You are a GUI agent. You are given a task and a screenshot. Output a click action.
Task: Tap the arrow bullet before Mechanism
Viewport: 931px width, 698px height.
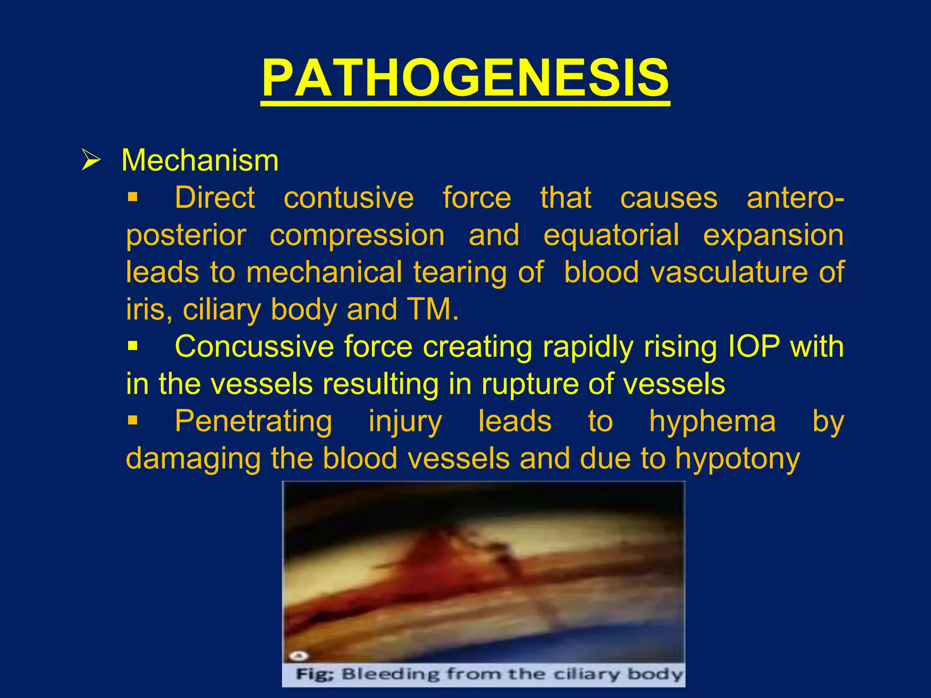tap(90, 160)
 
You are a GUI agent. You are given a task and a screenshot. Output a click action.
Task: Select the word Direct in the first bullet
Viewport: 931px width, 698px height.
tap(215, 198)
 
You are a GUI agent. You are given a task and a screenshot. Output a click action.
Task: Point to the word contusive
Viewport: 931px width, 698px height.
tap(349, 198)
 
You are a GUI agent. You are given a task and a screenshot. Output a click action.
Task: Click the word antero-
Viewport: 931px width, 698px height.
tap(795, 198)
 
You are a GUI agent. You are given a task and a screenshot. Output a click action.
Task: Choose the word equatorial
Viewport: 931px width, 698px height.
tap(611, 235)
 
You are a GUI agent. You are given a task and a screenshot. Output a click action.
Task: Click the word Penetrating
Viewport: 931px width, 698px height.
tap(253, 422)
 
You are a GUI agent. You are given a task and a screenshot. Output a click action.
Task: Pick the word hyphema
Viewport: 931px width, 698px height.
tap(712, 422)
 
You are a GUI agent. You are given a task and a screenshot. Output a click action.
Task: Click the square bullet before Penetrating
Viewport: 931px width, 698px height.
tap(132, 421)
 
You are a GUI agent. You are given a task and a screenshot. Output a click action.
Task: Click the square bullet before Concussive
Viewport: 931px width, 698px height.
tap(132, 346)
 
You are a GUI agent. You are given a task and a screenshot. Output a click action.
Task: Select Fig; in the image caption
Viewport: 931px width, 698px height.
tap(315, 674)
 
